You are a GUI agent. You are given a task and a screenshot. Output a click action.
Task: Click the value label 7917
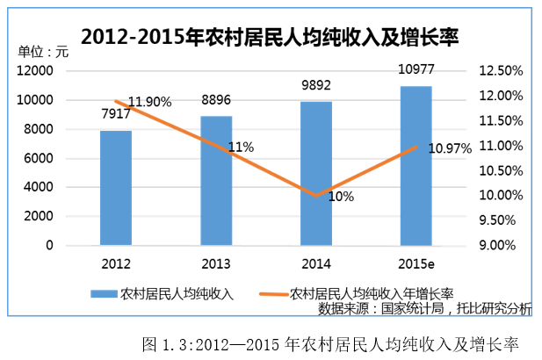click(114, 116)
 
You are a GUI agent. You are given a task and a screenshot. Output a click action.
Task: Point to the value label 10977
click(416, 69)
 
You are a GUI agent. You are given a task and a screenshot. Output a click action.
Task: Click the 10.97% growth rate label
click(450, 148)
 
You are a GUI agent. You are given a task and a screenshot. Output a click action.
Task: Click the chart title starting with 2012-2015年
click(271, 37)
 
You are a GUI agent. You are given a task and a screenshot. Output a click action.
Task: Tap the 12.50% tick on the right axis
click(502, 70)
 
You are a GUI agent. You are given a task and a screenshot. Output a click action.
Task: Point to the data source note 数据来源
click(424, 308)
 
